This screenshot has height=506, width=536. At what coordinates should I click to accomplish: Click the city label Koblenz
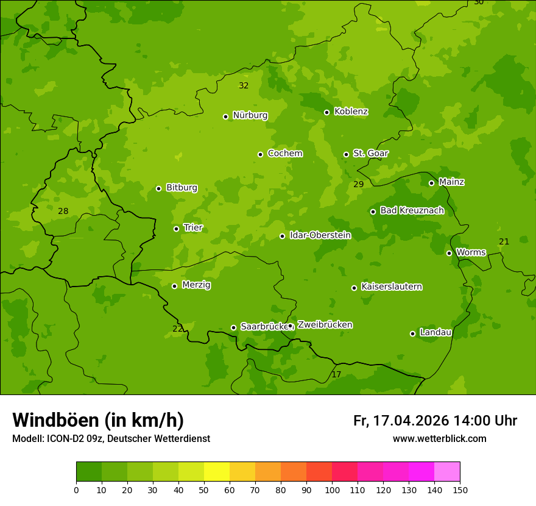[x=351, y=112]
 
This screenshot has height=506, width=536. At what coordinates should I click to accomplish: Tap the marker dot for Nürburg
[x=225, y=116]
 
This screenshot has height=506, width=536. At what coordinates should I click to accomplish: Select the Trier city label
[x=192, y=228]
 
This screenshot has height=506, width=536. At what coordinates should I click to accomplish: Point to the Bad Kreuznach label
[x=412, y=210]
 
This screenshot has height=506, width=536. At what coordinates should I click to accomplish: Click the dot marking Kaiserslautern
[x=354, y=288]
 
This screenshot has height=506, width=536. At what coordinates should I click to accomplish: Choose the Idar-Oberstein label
[x=320, y=235]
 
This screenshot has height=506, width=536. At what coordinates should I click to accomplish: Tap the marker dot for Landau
[x=412, y=333]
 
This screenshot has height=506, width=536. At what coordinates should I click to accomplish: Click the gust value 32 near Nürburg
[x=244, y=86]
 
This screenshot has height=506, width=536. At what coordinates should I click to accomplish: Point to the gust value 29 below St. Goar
[x=358, y=184]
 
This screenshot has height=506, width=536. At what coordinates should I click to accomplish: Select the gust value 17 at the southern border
[x=336, y=374]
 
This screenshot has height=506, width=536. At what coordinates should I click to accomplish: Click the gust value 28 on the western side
[x=63, y=212]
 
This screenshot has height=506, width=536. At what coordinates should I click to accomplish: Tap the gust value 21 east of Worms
[x=504, y=242]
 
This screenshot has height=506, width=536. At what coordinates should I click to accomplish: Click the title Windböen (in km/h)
[x=98, y=420]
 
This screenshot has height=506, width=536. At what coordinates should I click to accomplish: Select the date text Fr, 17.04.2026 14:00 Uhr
[x=435, y=421]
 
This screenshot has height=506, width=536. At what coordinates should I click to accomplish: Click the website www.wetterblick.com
[x=439, y=439]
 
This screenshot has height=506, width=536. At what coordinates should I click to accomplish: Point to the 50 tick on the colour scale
[x=204, y=489]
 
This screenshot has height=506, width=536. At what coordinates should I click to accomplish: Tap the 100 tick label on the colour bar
[x=332, y=489]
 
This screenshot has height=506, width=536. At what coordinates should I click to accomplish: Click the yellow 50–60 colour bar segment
[x=217, y=471]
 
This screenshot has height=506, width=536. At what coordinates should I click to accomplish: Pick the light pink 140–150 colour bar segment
[x=447, y=471]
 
